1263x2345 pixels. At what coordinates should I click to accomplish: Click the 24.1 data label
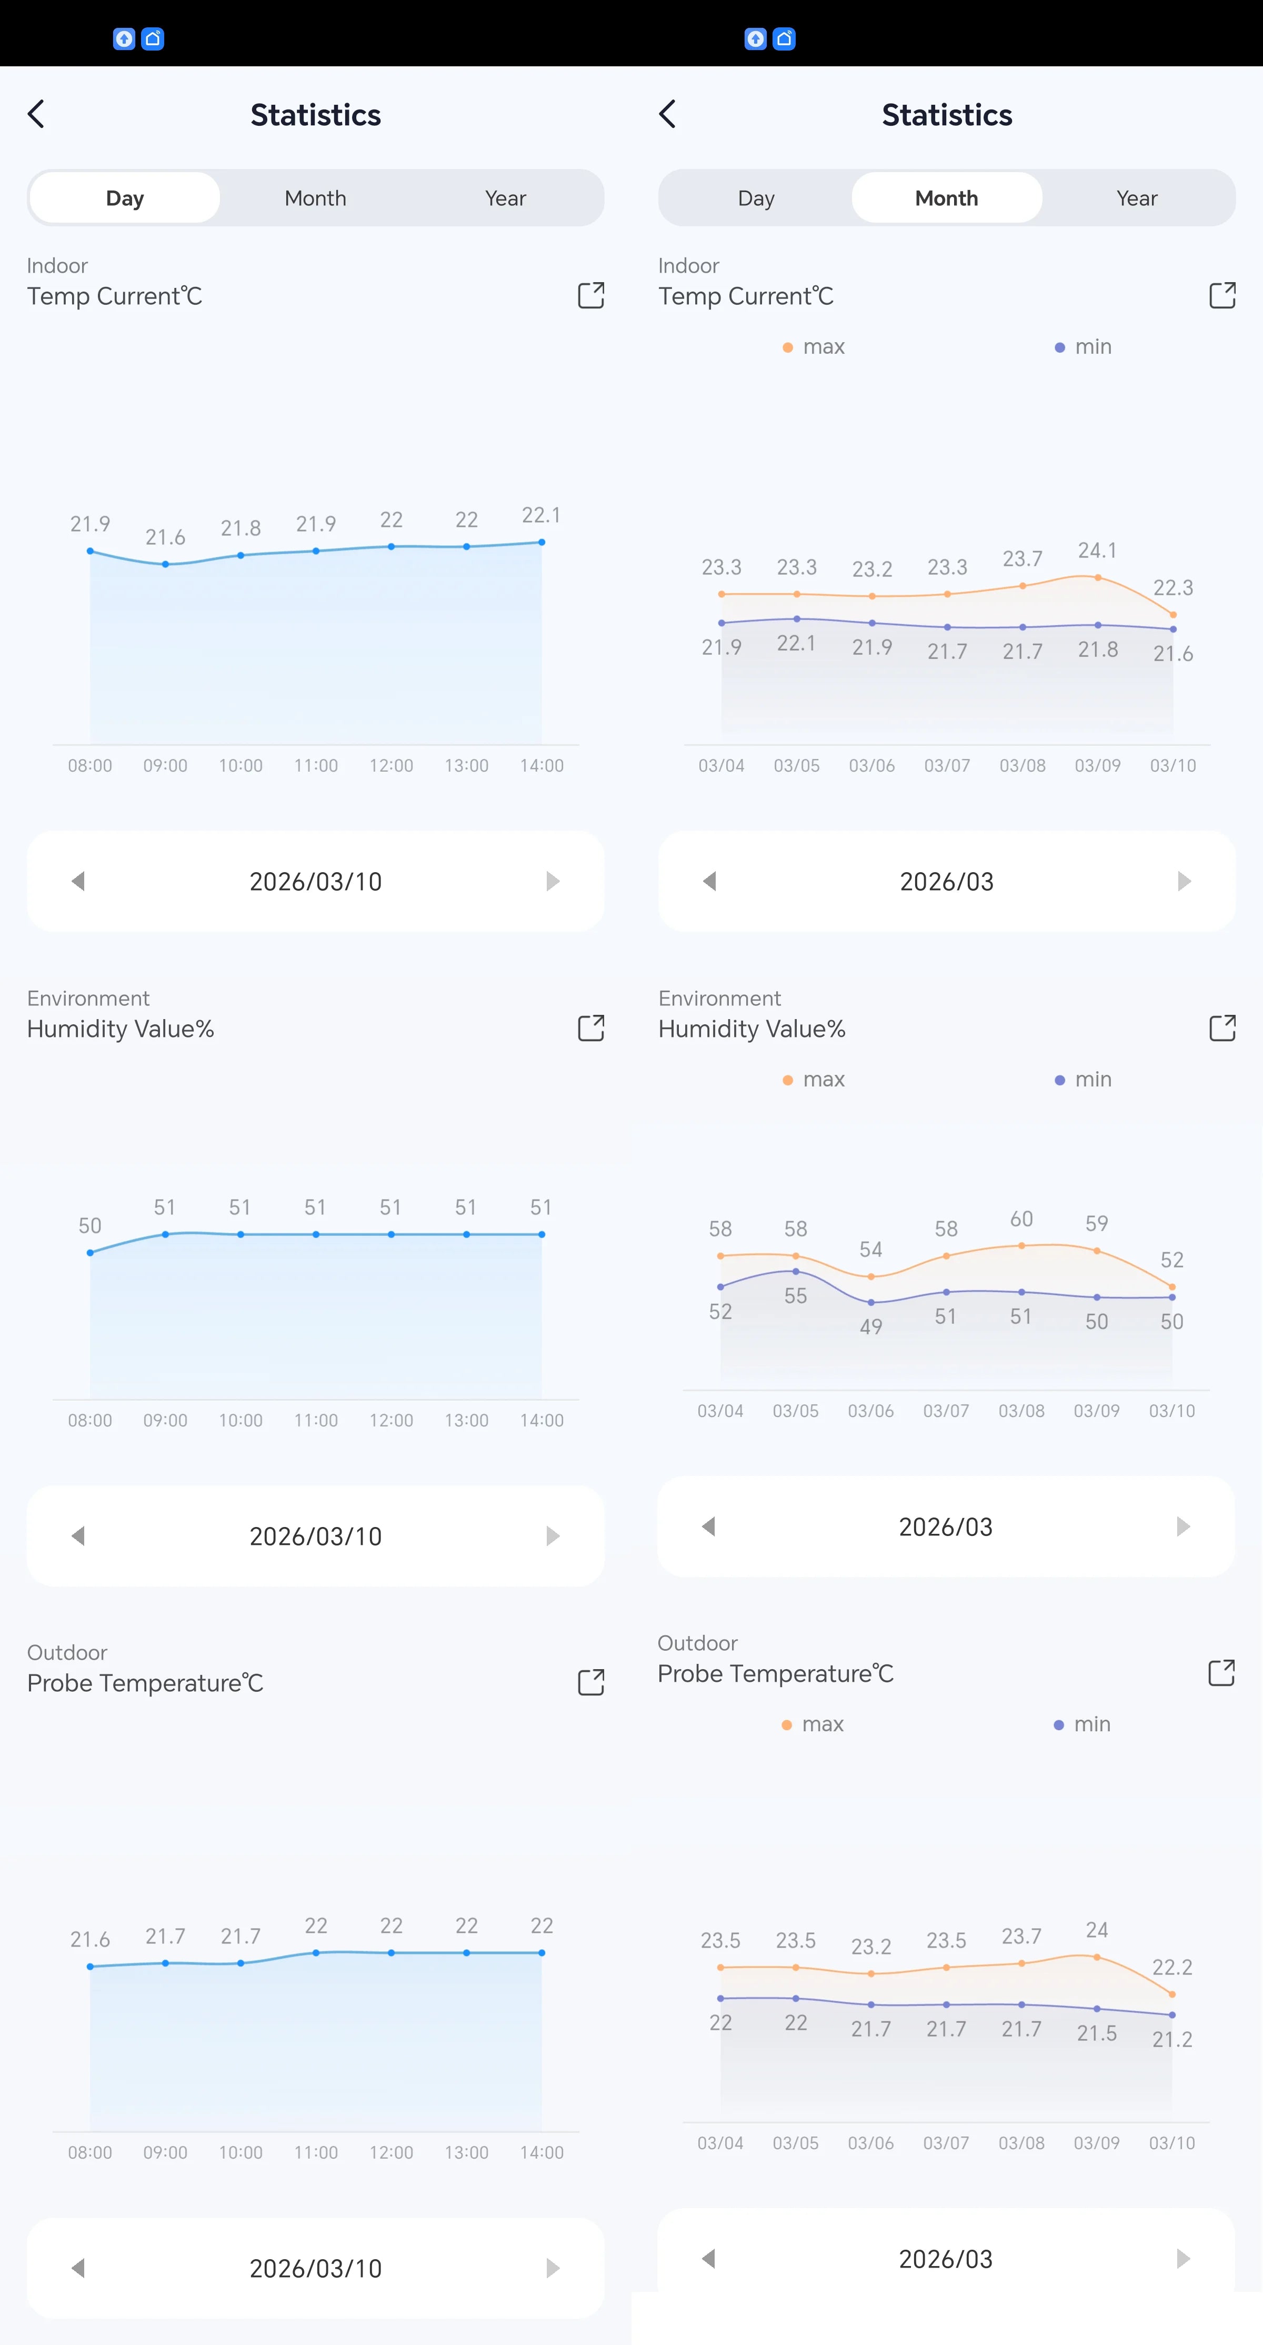coord(1097,551)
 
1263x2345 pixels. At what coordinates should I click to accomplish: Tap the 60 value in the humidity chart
coord(1021,1219)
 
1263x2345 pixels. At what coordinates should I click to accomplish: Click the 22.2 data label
coord(1172,1967)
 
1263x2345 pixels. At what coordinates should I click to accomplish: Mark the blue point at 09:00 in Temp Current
coord(166,564)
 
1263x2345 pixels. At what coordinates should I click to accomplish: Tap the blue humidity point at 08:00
coord(90,1253)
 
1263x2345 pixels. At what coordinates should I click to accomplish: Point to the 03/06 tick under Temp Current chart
coord(871,765)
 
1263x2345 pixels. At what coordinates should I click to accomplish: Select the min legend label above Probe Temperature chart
coord(1092,1724)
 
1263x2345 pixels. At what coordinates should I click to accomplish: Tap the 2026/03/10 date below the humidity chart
coord(316,1536)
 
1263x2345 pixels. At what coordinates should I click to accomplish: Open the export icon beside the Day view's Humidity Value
coord(592,1028)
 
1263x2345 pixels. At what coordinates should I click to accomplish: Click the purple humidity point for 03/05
coord(796,1271)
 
